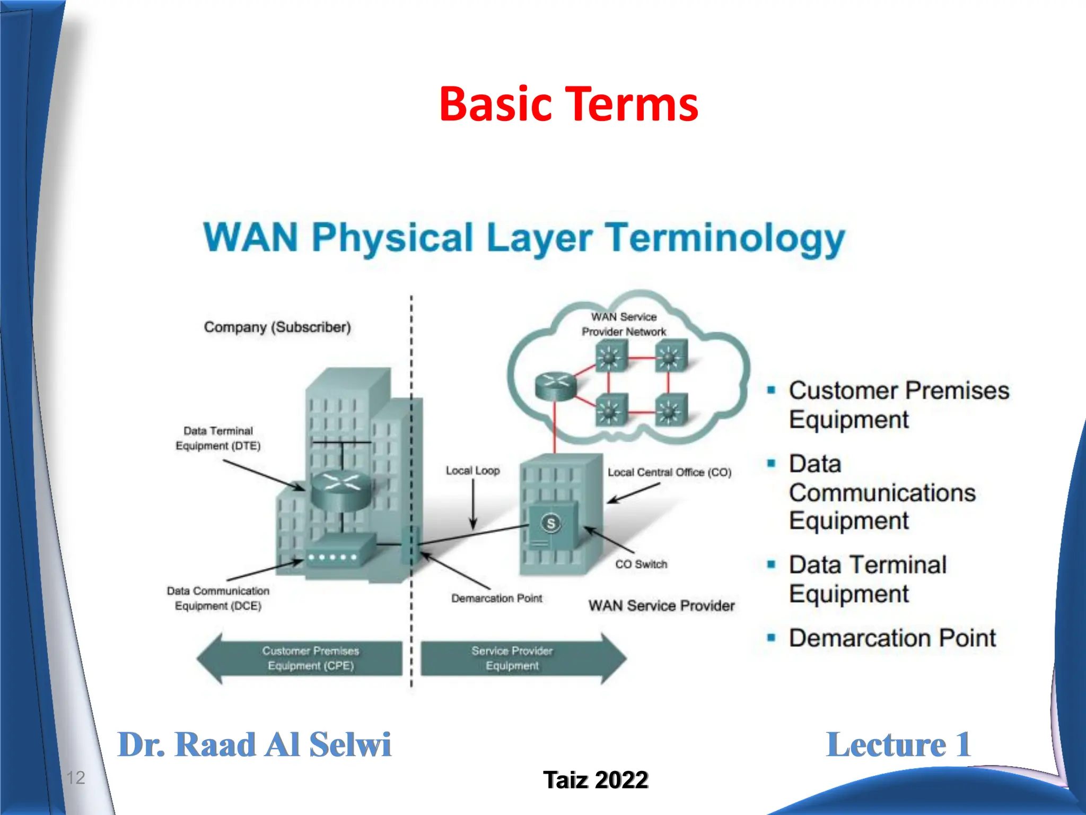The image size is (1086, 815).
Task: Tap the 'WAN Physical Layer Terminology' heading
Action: coord(524,237)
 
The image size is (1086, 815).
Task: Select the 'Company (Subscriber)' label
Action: coord(277,327)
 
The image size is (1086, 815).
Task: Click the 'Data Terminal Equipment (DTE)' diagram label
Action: coord(218,438)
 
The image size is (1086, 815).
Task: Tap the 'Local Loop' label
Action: coord(472,471)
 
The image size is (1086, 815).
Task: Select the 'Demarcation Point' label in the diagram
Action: coord(496,599)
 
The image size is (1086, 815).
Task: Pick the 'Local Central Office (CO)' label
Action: coord(669,472)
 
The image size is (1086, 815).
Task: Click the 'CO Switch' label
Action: coord(641,564)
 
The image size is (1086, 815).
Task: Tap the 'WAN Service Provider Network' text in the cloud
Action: coord(624,324)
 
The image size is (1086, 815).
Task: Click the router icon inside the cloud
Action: coord(555,385)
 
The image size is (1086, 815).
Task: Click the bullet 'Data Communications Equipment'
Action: coord(881,492)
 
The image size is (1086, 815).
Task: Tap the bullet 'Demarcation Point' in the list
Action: coord(892,638)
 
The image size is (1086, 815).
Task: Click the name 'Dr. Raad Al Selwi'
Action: coord(254,744)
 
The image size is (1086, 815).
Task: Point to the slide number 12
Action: coord(75,778)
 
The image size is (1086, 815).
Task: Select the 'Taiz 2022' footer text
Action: coord(595,780)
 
